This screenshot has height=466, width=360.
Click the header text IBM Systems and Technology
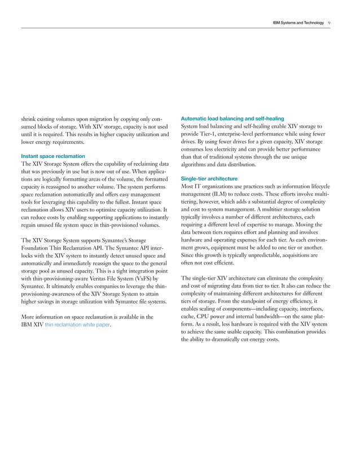tap(297, 23)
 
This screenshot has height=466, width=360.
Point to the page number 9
tap(329, 23)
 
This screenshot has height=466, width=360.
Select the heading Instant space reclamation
tap(52, 156)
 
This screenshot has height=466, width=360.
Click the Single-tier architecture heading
tap(208, 178)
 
